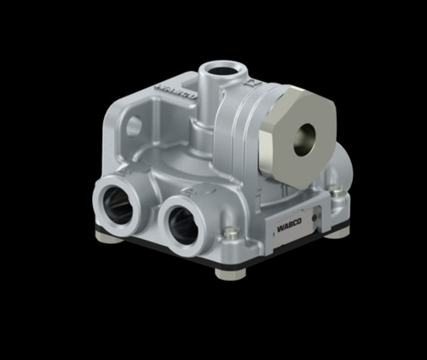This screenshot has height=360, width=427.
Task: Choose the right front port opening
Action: point(183,224)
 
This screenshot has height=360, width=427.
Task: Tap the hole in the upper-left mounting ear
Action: point(134,125)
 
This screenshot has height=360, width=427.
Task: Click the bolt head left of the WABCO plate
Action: point(228,231)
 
